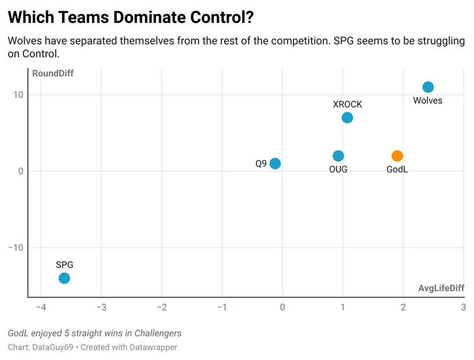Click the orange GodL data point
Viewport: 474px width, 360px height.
pyautogui.click(x=397, y=156)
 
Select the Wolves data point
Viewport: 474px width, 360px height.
pyautogui.click(x=428, y=87)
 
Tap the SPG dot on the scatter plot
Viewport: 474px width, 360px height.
pyautogui.click(x=64, y=278)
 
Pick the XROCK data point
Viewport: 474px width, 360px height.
pyautogui.click(x=347, y=118)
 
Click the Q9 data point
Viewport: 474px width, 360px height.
pyautogui.click(x=275, y=164)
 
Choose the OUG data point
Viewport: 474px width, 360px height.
pyautogui.click(x=338, y=156)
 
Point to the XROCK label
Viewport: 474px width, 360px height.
pyautogui.click(x=347, y=104)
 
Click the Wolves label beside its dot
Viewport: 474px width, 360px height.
pyautogui.click(x=428, y=100)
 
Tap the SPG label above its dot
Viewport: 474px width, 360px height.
pyautogui.click(x=64, y=265)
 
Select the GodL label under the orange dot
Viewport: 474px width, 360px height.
pyautogui.click(x=397, y=169)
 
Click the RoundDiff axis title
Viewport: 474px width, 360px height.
pyautogui.click(x=53, y=73)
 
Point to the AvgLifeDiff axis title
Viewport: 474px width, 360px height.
pyautogui.click(x=441, y=288)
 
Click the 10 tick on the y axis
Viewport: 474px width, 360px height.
pyautogui.click(x=18, y=95)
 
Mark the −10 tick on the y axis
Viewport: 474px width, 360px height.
pyautogui.click(x=16, y=248)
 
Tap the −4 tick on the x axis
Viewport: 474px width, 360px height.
pyautogui.click(x=41, y=307)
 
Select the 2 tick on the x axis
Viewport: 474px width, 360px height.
pyautogui.click(x=404, y=307)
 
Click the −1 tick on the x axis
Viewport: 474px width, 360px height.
pyautogui.click(x=222, y=307)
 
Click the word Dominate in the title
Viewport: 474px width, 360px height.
pyautogui.click(x=147, y=17)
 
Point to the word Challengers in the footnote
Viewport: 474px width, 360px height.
pyautogui.click(x=158, y=333)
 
